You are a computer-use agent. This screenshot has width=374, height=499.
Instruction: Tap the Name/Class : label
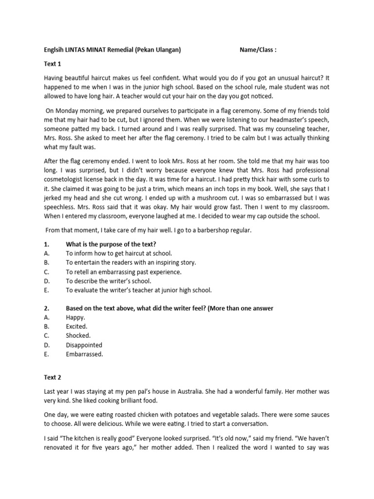tap(258, 50)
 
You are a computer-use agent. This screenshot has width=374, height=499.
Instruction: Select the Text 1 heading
tap(53, 63)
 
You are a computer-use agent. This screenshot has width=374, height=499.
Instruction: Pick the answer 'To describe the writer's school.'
tap(109, 281)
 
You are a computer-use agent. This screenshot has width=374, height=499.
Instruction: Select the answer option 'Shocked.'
tap(78, 336)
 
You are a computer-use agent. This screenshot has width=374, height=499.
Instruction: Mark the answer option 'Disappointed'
tap(84, 345)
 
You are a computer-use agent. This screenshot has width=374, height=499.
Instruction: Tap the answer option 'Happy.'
tap(75, 317)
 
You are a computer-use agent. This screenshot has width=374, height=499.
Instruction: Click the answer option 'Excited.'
tap(77, 326)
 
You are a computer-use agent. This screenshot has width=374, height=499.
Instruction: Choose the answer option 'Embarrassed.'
tap(85, 354)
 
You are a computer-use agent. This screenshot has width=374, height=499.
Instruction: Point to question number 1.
tap(47, 244)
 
